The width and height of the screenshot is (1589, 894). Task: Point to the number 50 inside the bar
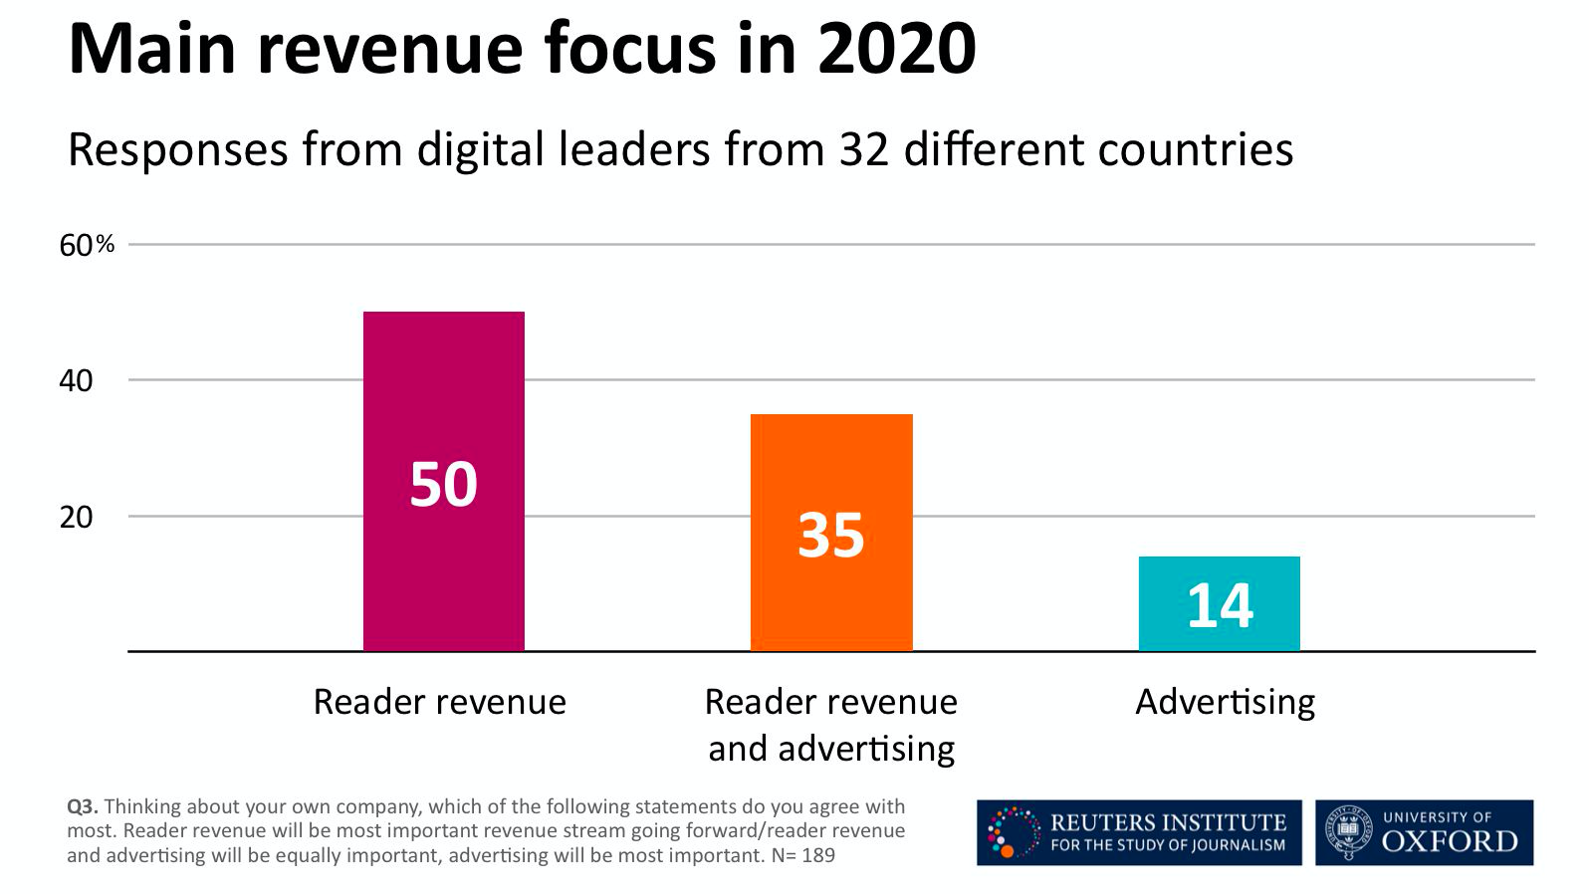point(444,485)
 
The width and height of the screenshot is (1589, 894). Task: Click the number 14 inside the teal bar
point(1220,605)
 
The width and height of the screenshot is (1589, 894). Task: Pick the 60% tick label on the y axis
point(87,245)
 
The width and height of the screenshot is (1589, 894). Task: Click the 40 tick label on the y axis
point(76,380)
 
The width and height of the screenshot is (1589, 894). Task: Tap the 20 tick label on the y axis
point(76,517)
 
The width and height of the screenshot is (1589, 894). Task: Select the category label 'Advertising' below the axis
point(1225,702)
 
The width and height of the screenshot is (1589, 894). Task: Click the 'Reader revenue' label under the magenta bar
point(439,702)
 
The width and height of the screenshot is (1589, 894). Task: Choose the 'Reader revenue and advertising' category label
point(831,725)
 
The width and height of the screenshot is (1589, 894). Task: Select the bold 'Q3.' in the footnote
point(82,806)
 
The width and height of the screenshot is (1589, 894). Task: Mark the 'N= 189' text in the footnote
point(802,855)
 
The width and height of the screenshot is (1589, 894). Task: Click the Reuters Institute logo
point(1138,832)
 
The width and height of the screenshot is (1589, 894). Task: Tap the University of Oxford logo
point(1424,832)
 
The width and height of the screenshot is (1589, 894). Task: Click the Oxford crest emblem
point(1348,832)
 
